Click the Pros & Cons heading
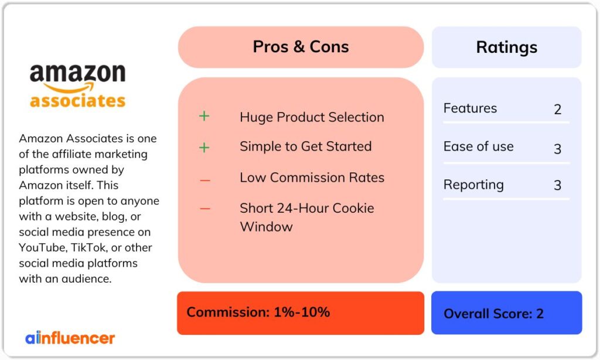[x=301, y=47]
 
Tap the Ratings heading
[x=506, y=47]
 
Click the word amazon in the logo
[x=77, y=74]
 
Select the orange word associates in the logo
[x=77, y=100]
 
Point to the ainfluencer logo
[x=70, y=338]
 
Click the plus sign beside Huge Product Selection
[x=204, y=116]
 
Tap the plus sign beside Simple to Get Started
[x=204, y=147]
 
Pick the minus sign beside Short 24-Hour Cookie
[x=204, y=209]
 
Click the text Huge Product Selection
[x=312, y=117]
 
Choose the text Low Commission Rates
[x=312, y=177]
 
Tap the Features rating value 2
[x=557, y=110]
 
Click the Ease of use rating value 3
[x=557, y=148]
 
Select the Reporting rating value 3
[x=557, y=185]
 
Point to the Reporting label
[x=473, y=185]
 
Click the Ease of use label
[x=478, y=147]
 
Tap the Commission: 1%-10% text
[x=258, y=312]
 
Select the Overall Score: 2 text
[x=493, y=314]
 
